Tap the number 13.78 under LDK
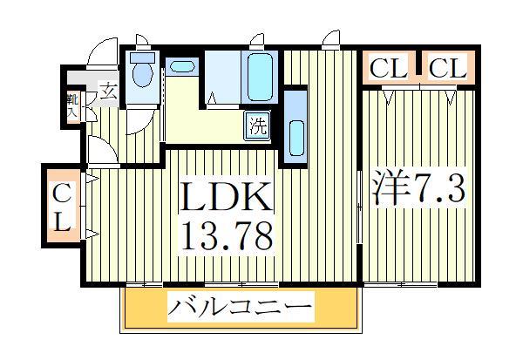(228, 234)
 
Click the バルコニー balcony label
(240, 309)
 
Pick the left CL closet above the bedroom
(389, 68)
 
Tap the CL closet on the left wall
(60, 207)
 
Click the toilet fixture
(142, 72)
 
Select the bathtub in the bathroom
(260, 77)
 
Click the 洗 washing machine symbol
(258, 125)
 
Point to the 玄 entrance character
(107, 89)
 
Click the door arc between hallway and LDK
(100, 153)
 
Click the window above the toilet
(141, 41)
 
